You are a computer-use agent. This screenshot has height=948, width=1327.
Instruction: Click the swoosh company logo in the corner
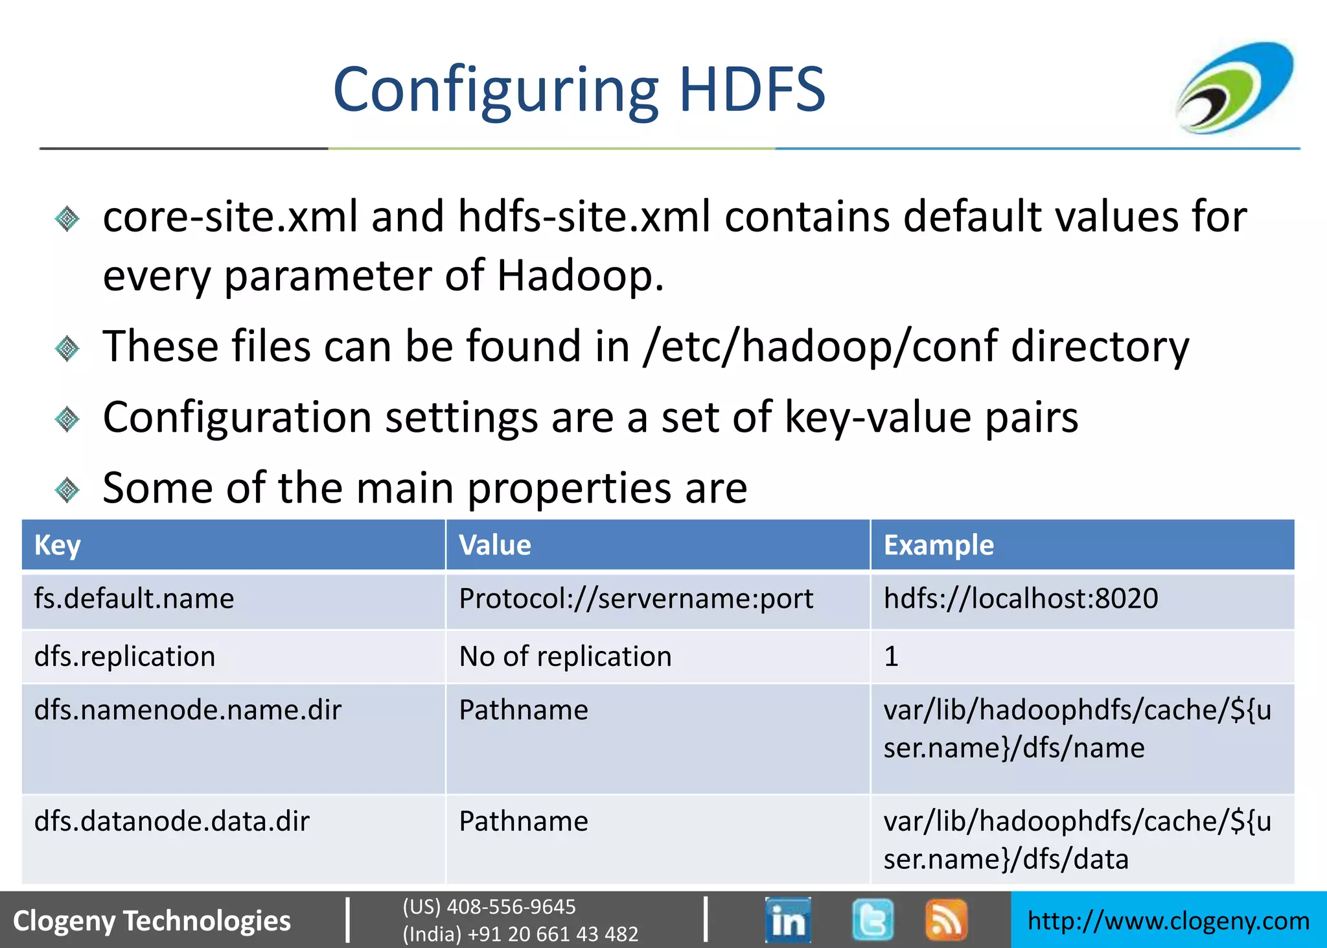pyautogui.click(x=1235, y=88)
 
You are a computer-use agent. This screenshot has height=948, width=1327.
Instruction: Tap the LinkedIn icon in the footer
pyautogui.click(x=787, y=919)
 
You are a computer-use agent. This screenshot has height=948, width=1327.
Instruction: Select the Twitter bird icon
pyautogui.click(x=872, y=919)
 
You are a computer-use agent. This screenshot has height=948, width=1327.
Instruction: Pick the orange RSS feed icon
pyautogui.click(x=946, y=919)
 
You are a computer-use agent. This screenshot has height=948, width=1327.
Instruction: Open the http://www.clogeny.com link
pyautogui.click(x=1168, y=921)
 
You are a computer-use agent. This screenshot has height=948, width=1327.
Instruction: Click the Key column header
pyautogui.click(x=58, y=545)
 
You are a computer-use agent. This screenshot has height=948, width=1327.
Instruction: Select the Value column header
pyautogui.click(x=495, y=545)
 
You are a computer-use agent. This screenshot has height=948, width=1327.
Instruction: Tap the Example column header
pyautogui.click(x=938, y=545)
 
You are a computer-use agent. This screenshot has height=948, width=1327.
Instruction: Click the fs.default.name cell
pyautogui.click(x=134, y=598)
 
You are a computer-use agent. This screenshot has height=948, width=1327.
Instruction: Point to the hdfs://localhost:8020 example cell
pyautogui.click(x=1021, y=598)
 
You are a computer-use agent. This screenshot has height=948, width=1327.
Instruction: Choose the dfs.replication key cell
pyautogui.click(x=125, y=656)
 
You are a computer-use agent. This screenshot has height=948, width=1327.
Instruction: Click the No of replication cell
pyautogui.click(x=565, y=656)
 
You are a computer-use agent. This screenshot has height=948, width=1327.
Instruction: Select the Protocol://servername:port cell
pyautogui.click(x=636, y=598)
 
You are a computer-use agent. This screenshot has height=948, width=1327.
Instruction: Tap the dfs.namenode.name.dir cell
pyautogui.click(x=188, y=710)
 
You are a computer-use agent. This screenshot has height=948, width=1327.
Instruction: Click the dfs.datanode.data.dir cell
pyautogui.click(x=172, y=822)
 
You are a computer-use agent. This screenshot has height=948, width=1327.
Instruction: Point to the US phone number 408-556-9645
pyautogui.click(x=489, y=907)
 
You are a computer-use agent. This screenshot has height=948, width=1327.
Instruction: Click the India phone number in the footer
pyautogui.click(x=520, y=934)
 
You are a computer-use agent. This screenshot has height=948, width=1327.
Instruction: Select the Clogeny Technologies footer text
pyautogui.click(x=152, y=921)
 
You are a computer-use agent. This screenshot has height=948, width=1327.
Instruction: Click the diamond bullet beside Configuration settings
pyautogui.click(x=67, y=419)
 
